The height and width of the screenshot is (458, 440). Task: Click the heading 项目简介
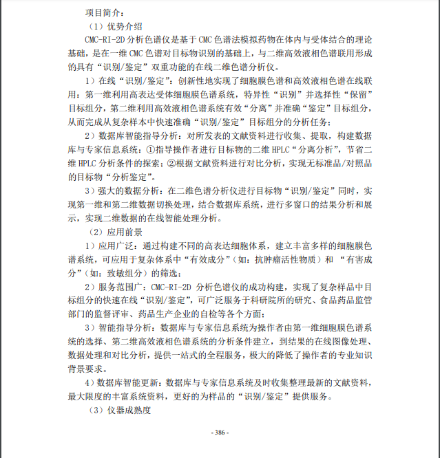[105, 12]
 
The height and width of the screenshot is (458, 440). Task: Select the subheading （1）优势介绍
[115, 25]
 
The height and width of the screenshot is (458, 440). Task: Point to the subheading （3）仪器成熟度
[120, 411]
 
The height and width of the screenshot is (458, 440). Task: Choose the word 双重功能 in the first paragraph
[177, 67]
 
